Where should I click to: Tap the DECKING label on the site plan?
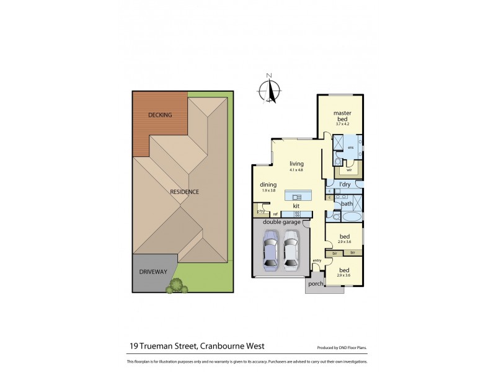159,115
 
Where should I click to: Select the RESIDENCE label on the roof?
184,192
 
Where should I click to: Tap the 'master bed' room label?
342,115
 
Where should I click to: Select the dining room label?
268,184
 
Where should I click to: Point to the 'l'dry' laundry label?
345,185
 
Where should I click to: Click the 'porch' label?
316,285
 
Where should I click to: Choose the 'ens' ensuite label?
350,148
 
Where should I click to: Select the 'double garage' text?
281,222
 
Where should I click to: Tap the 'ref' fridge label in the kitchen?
275,215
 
